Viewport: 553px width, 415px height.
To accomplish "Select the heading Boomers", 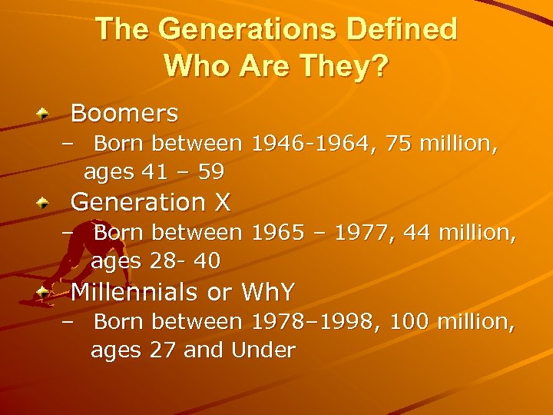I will point(124,114).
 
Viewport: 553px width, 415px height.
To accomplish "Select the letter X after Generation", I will point(222,202).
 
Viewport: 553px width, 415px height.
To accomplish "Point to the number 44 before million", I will point(417,231).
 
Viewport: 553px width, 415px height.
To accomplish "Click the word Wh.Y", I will point(268,292).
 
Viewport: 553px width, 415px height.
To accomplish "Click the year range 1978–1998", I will point(316,320).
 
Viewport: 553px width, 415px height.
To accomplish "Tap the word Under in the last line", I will point(263,350).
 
